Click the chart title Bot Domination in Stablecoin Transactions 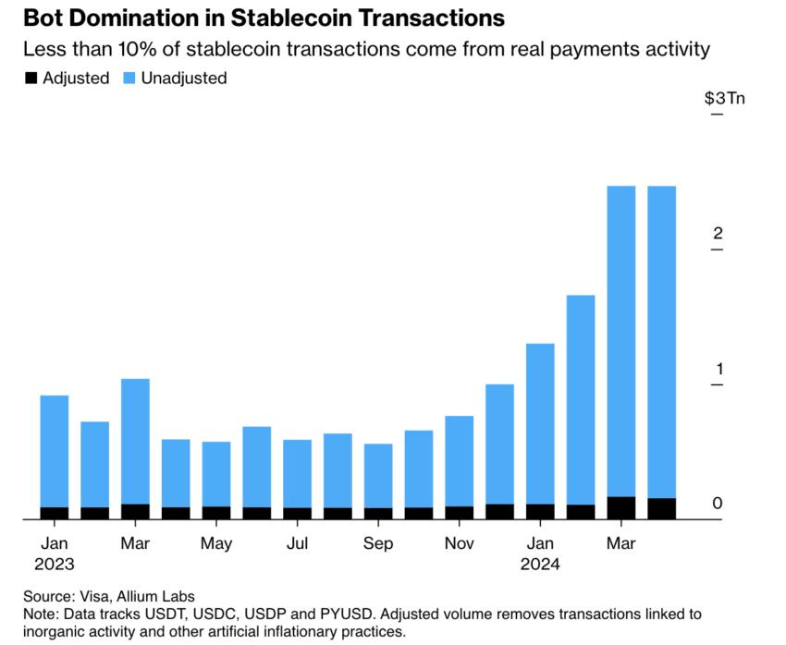[255, 18]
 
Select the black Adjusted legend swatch [31, 79]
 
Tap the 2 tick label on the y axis [717, 234]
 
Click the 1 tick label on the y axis [717, 370]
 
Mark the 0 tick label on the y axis [717, 504]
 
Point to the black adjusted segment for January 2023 [55, 513]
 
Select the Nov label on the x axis [459, 543]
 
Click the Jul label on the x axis [297, 543]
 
